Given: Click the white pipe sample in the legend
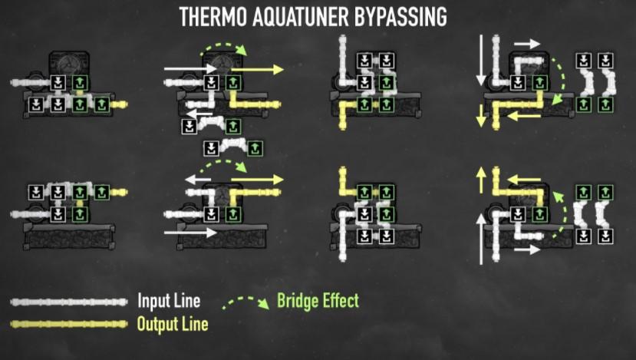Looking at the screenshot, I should pyautogui.click(x=69, y=301).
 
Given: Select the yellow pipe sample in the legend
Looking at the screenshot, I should pyautogui.click(x=69, y=324).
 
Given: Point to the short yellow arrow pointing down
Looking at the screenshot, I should pyautogui.click(x=480, y=116).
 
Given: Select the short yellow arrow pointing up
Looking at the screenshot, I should pyautogui.click(x=481, y=181).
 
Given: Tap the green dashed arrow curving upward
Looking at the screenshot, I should pyautogui.click(x=565, y=223).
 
